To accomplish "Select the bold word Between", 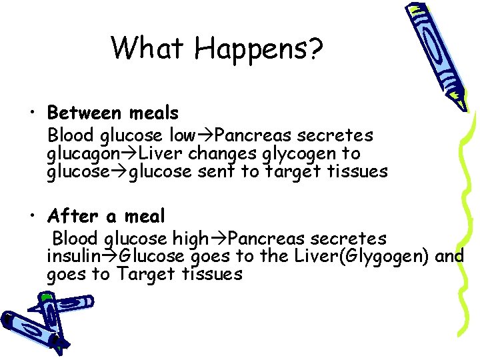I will click(83, 112).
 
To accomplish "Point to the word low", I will click(183, 135).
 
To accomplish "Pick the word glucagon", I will click(81, 154).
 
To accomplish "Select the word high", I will click(190, 239).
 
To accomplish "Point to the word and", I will click(450, 257).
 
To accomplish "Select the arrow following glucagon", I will click(123, 154).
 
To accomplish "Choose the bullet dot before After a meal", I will click(32, 217).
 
